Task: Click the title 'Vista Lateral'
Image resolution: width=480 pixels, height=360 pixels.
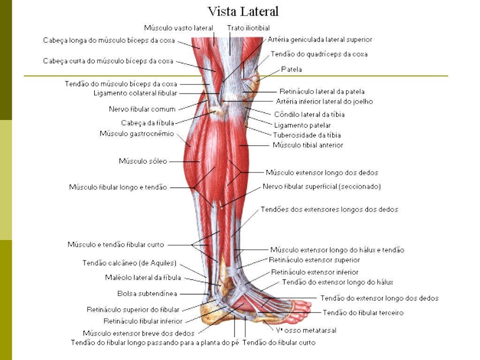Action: [243, 11]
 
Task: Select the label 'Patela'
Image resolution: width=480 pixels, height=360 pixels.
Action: [291, 69]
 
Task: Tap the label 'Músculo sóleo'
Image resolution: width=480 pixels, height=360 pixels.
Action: [142, 161]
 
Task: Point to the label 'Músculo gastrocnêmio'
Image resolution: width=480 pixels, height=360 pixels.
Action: [136, 134]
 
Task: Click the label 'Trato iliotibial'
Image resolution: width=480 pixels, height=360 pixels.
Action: [248, 28]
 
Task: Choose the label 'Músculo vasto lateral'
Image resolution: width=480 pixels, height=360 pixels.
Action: [179, 28]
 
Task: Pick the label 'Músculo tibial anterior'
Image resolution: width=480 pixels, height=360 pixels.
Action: [307, 145]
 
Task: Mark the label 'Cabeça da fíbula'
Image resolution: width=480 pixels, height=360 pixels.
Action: [148, 123]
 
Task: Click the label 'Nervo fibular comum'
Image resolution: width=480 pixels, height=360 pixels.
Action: [142, 109]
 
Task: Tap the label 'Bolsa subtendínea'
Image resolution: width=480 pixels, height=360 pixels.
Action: [147, 294]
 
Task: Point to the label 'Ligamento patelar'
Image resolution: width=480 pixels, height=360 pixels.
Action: [302, 125]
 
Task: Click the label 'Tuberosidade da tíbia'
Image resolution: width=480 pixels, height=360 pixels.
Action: [307, 135]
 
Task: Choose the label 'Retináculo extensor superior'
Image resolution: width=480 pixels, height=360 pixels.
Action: [314, 260]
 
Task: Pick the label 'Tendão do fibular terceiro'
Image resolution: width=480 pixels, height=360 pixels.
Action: [363, 313]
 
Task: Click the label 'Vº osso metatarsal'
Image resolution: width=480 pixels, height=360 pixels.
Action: [305, 330]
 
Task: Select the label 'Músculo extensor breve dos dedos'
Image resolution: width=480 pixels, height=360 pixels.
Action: [138, 334]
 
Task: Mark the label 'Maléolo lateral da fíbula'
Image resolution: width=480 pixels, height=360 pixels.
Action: [142, 277]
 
